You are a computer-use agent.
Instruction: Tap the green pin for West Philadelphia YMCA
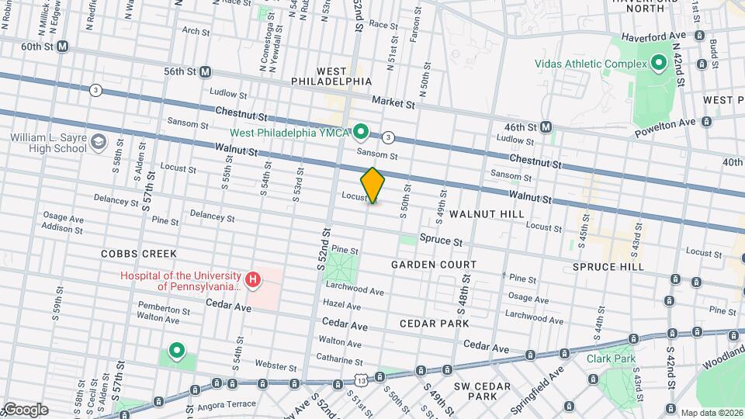361,132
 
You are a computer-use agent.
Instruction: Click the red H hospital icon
252,280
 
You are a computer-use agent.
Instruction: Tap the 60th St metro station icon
64,47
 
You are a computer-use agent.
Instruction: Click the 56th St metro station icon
206,71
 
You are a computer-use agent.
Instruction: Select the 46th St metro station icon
546,126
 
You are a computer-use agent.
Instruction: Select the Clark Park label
611,358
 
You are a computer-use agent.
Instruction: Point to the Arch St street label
196,32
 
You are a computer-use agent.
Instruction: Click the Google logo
25,410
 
